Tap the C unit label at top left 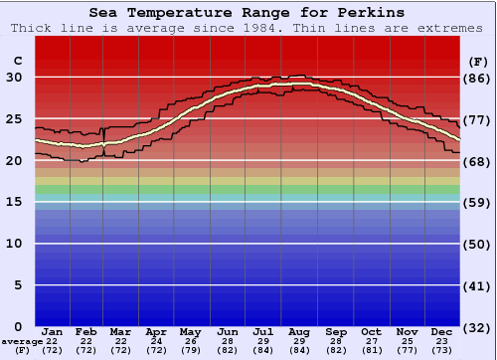coord(17,62)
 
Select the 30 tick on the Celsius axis coord(15,77)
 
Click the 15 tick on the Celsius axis coord(15,202)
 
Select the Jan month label coord(53,332)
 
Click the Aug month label coord(299,332)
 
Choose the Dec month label coord(442,332)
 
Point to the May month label coord(188,332)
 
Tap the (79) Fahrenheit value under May coord(188,350)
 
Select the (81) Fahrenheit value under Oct coord(371,350)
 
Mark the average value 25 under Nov coord(407,341)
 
